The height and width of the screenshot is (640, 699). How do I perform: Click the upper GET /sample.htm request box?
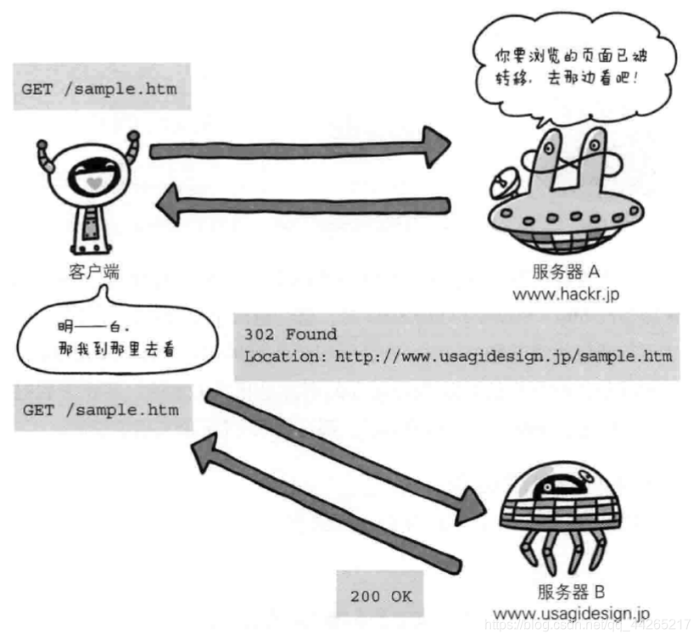pyautogui.click(x=100, y=89)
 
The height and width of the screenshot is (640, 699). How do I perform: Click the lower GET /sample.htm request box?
pyautogui.click(x=101, y=410)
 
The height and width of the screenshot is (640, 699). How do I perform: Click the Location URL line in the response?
pyautogui.click(x=457, y=356)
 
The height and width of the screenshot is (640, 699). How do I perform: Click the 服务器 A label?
pyautogui.click(x=566, y=272)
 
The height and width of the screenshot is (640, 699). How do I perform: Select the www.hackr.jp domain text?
pyautogui.click(x=566, y=294)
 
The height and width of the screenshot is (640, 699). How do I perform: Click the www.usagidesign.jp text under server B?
pyautogui.click(x=571, y=613)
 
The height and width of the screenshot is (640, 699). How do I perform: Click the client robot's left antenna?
pyautogui.click(x=44, y=152)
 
